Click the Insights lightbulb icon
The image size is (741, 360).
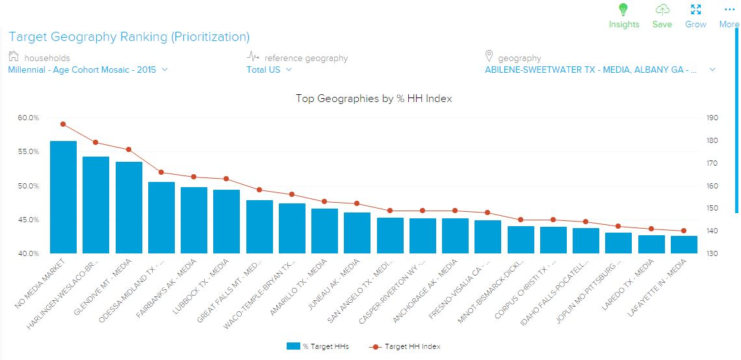623,10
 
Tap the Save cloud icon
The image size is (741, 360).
662,10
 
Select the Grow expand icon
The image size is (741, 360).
695,10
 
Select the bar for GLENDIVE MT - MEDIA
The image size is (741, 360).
129,207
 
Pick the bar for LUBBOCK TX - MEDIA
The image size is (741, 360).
227,221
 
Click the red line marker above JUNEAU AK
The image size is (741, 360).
357,203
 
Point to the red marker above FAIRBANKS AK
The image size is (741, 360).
194,177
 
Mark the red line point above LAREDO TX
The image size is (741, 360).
651,229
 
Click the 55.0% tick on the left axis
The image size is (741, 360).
28,151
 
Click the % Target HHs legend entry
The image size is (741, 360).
318,346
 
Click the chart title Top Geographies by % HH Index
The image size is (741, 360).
374,99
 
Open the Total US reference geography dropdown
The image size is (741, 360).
268,70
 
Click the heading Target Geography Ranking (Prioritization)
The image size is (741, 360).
129,37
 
